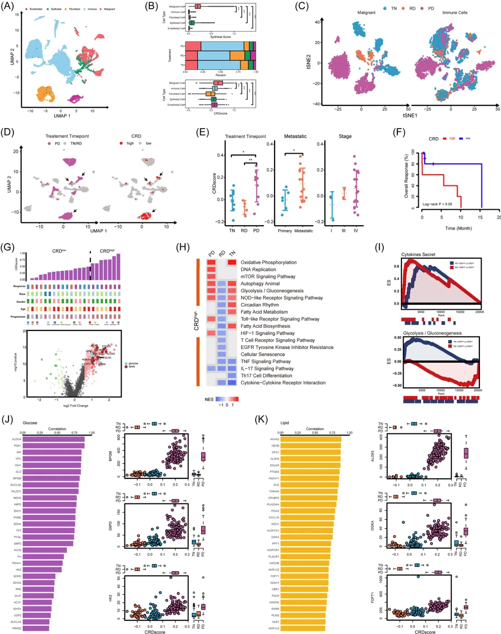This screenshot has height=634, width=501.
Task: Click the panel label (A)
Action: pyautogui.click(x=7, y=6)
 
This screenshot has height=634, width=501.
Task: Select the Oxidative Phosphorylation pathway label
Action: pyautogui.click(x=268, y=262)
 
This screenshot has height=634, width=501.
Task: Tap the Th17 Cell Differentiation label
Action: pyautogui.click(x=266, y=376)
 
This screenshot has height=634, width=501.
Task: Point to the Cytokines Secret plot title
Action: pyautogui.click(x=418, y=255)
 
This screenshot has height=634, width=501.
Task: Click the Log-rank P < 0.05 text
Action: pyautogui.click(x=437, y=204)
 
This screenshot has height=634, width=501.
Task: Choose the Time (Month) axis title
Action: pyautogui.click(x=459, y=228)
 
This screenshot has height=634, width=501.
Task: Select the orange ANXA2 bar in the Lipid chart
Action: pyautogui.click(x=311, y=439)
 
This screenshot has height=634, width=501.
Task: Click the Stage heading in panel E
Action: pyautogui.click(x=345, y=136)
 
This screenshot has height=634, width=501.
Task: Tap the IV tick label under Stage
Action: pyautogui.click(x=356, y=231)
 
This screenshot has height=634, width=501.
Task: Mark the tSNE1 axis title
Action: pyautogui.click(x=410, y=116)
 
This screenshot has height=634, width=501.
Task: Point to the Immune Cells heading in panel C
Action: pyautogui.click(x=455, y=12)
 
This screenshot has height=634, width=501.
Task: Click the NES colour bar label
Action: pyautogui.click(x=209, y=399)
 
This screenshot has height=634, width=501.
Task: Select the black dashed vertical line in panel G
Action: pyautogui.click(x=90, y=265)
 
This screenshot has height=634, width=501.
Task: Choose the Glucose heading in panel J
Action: pyautogui.click(x=30, y=423)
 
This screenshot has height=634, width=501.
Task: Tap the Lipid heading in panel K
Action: pyautogui.click(x=285, y=423)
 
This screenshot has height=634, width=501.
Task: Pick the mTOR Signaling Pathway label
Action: pyautogui.click(x=268, y=276)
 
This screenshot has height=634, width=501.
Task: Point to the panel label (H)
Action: pyautogui.click(x=183, y=247)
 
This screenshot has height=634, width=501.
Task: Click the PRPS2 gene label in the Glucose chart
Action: pyautogui.click(x=17, y=628)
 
